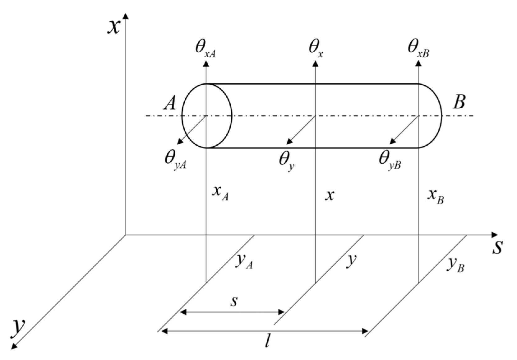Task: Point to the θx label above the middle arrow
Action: coord(316,49)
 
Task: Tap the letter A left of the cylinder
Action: coord(170,103)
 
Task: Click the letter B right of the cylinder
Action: coord(459,102)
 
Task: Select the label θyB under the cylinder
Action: coord(390,160)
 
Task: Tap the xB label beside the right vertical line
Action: coord(435,196)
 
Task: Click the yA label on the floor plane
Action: coord(244,262)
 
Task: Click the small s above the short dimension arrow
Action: coord(234,301)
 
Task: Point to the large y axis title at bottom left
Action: coord(18,327)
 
